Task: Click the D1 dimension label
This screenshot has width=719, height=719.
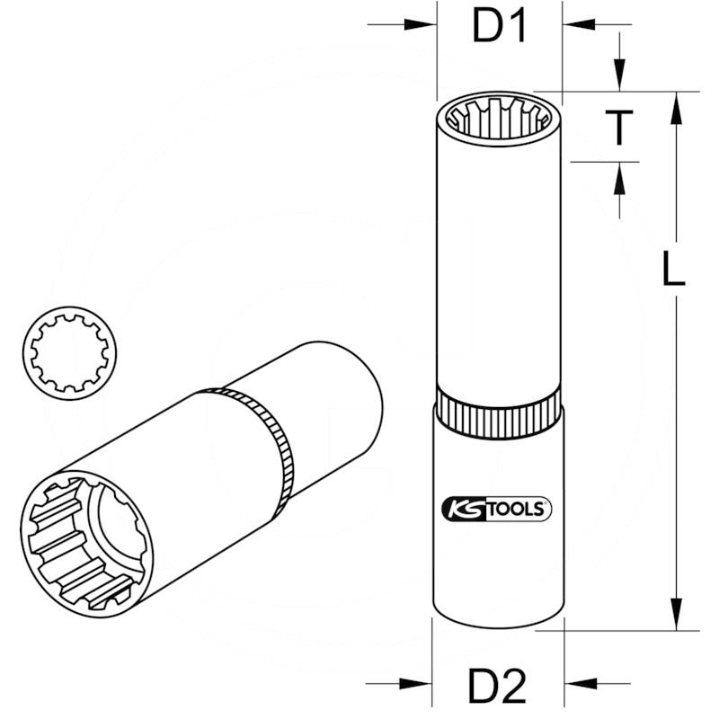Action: click(499, 28)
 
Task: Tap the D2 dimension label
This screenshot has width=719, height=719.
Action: click(496, 688)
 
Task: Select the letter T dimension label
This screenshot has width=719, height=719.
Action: click(618, 128)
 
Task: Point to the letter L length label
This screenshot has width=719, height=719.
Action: click(672, 269)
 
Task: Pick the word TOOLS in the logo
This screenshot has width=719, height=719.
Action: click(516, 510)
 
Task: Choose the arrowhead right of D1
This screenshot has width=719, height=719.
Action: click(578, 25)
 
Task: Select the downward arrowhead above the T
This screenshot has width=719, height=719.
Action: click(618, 75)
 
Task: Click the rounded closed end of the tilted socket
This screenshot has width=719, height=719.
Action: click(359, 395)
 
